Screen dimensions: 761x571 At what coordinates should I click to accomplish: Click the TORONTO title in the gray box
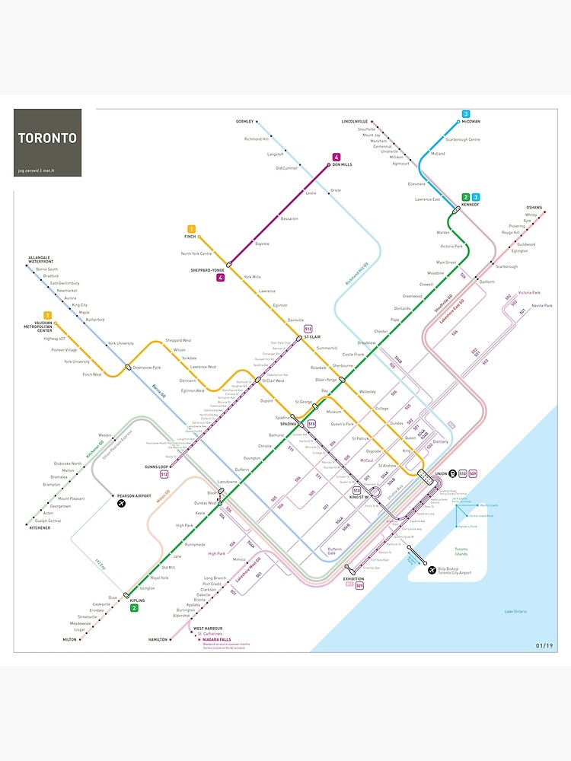pos(47,139)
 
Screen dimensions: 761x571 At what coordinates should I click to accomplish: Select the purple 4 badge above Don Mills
pos(336,158)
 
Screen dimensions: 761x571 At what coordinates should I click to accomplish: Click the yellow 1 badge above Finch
pos(191,229)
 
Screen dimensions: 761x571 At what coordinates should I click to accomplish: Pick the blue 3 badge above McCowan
pos(466,114)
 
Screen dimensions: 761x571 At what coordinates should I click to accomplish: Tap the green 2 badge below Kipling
pos(134,608)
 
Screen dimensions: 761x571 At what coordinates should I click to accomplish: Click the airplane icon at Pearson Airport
pos(121,504)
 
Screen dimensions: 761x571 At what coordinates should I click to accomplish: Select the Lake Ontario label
pos(515,611)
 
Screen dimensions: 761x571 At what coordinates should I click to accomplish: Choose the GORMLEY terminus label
pos(244,122)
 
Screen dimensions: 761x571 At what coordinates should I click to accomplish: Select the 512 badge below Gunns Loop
pos(164,474)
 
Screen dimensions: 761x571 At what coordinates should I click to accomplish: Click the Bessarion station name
pos(289,218)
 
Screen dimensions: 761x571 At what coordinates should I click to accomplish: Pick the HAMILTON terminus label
pos(158,639)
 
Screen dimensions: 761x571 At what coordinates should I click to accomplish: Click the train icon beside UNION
pos(451,473)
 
